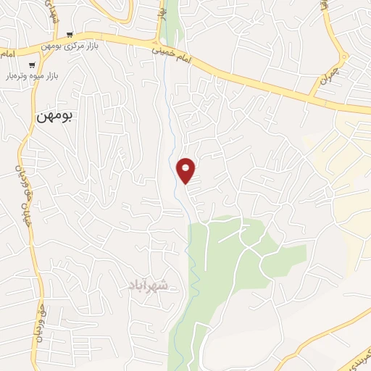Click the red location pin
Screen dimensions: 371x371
pos(186,170)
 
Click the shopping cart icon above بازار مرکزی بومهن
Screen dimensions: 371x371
pos(70,34)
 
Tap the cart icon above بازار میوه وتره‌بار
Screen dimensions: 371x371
pos(33,65)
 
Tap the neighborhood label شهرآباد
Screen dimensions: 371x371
pos(151,285)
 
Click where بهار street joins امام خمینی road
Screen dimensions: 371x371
pos(160,42)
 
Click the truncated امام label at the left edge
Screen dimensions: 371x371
pos(6,54)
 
